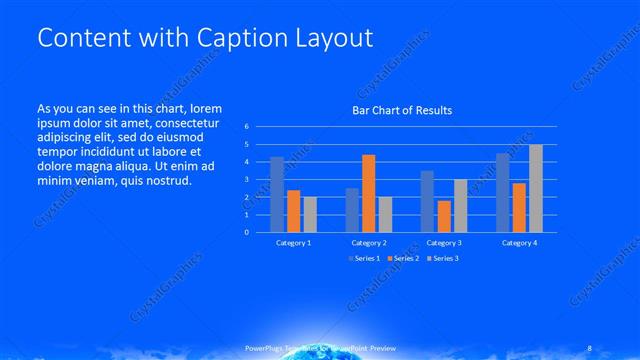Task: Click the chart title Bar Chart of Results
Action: pos(401,110)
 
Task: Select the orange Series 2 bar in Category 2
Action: pos(369,193)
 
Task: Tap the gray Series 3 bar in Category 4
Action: pos(536,188)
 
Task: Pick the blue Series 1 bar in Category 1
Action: pos(277,194)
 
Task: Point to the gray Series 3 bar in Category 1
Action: pos(310,214)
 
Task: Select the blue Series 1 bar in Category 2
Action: pos(352,209)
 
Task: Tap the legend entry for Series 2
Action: pos(403,259)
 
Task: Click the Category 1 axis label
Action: pos(293,243)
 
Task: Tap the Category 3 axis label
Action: pos(444,243)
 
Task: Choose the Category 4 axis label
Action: pos(519,243)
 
